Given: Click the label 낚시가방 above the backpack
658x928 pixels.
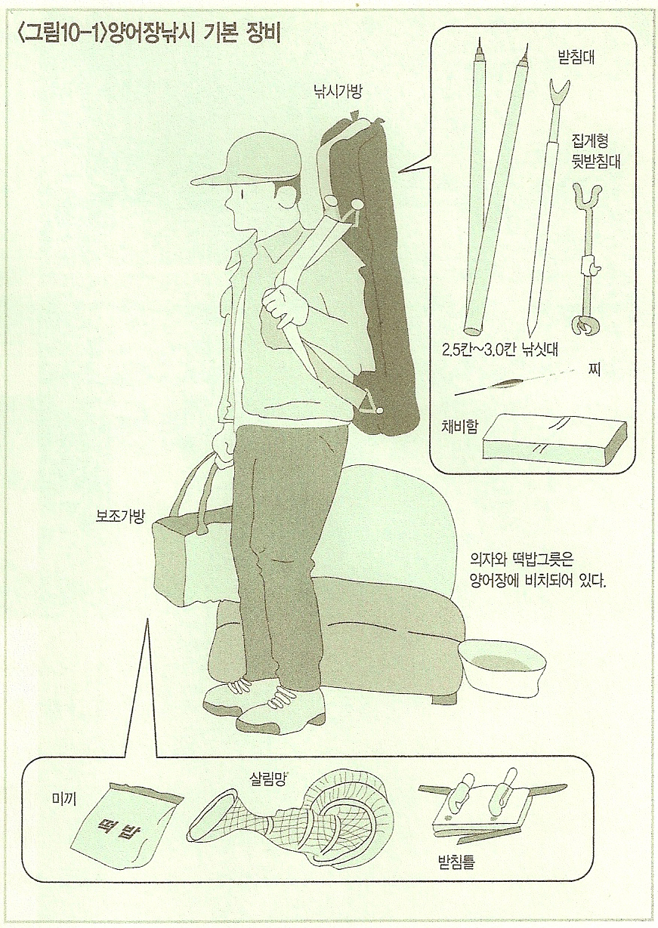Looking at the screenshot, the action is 338,91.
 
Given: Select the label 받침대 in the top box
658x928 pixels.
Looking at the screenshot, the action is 576,57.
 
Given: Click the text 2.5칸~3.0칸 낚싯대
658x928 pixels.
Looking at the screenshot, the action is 499,350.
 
